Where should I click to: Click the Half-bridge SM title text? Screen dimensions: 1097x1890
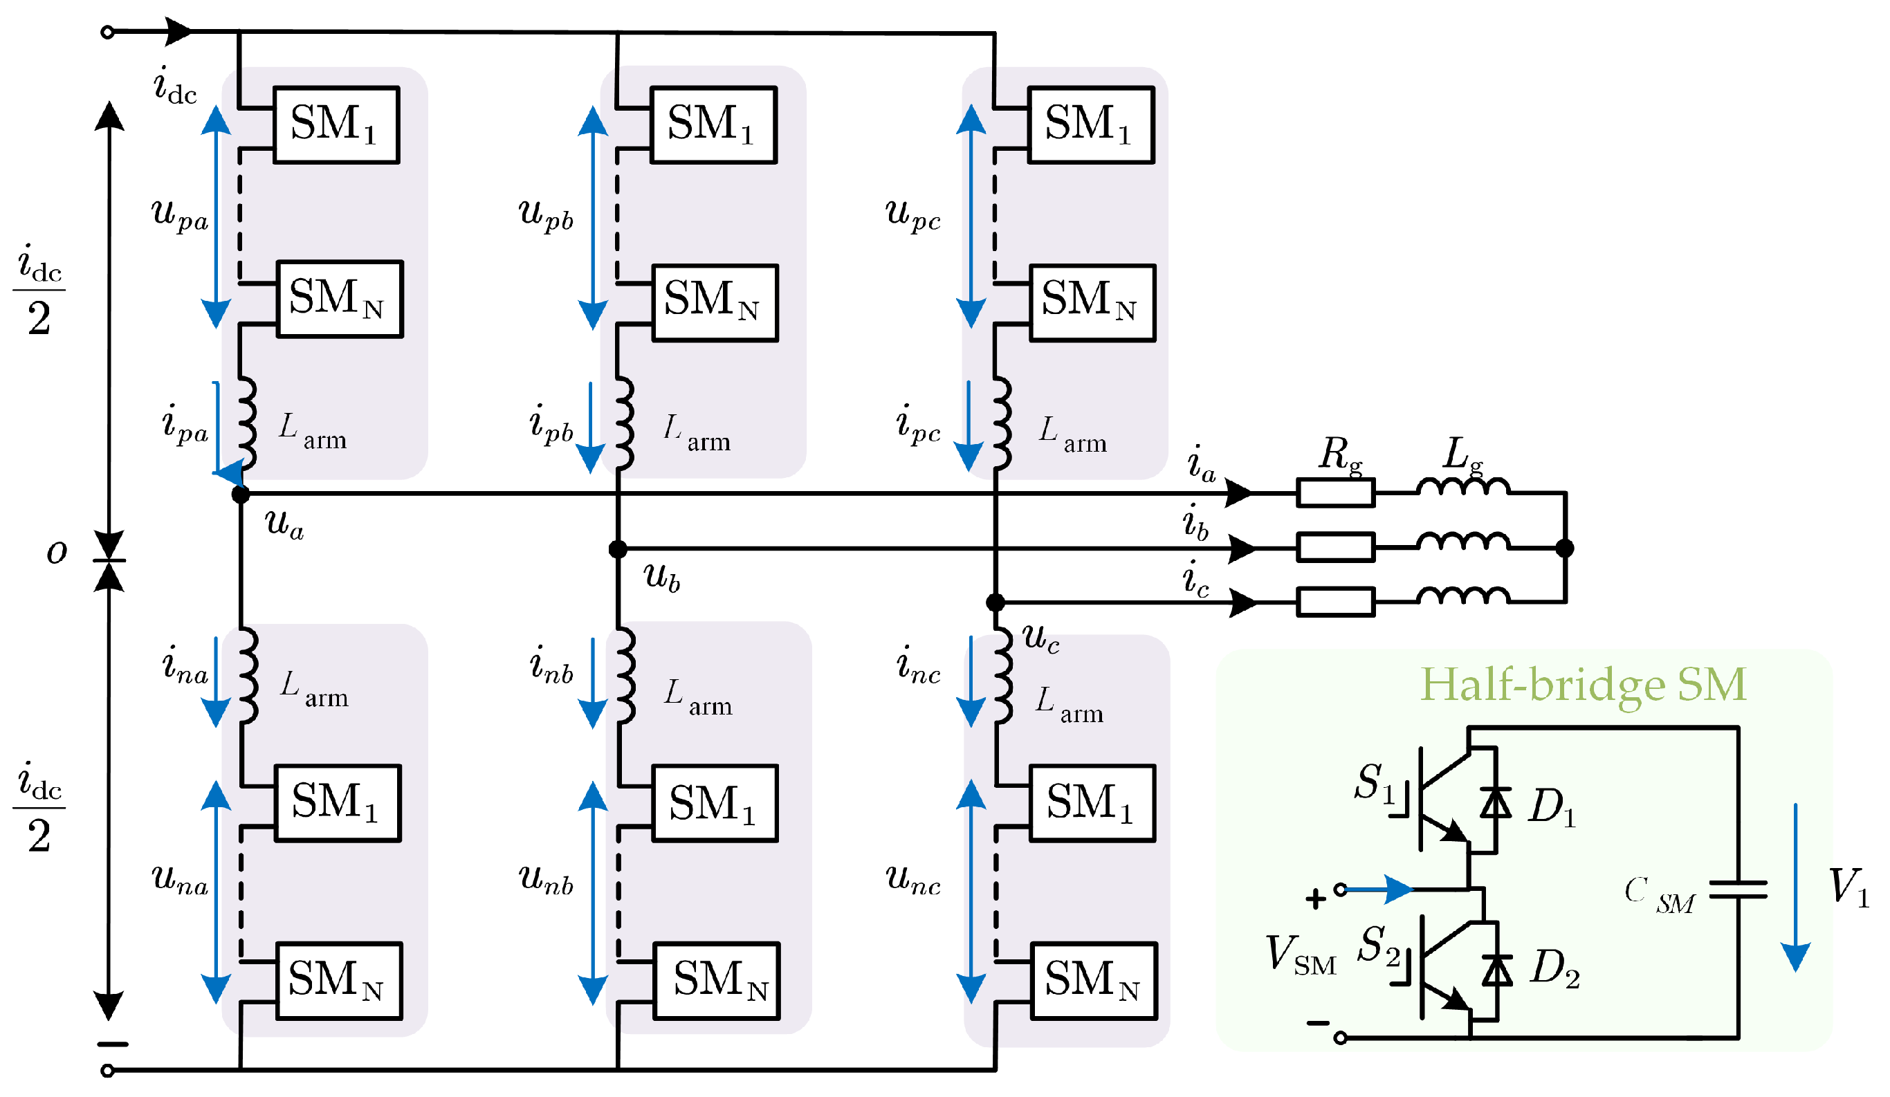(1583, 685)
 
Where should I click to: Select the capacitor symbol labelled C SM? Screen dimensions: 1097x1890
(1737, 889)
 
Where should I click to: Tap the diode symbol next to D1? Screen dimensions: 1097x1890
(1496, 803)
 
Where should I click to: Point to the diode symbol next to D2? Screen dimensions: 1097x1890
(1497, 972)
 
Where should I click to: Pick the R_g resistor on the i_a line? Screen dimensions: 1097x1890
(1335, 493)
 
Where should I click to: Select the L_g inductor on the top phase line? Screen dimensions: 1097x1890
(1462, 488)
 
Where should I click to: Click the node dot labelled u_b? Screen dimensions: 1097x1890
(617, 549)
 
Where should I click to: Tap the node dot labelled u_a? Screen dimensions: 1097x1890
(240, 494)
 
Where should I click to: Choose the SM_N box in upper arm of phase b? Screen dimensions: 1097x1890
(714, 303)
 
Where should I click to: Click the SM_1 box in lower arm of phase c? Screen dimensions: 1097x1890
(1091, 804)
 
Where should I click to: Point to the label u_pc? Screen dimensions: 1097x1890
(912, 214)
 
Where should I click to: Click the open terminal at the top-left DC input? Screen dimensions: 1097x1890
(107, 33)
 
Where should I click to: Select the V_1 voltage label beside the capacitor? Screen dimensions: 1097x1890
(1848, 887)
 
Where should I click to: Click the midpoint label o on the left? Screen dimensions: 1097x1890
(57, 553)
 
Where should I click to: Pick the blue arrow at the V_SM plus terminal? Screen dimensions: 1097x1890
(1380, 889)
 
